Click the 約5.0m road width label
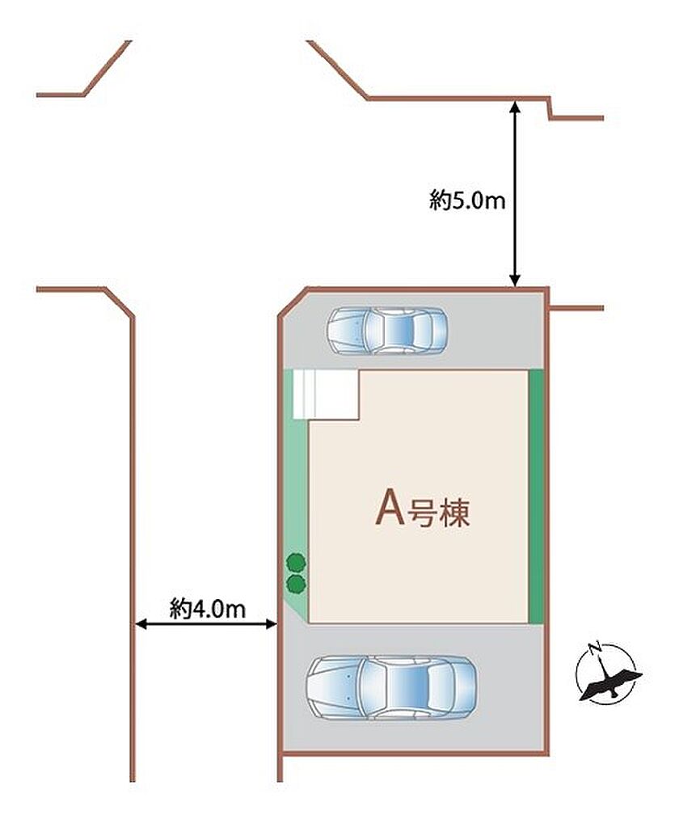coord(467,201)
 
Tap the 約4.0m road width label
coord(208,609)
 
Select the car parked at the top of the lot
coord(387,331)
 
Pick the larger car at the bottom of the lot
coord(392,687)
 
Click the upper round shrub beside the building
coord(296,562)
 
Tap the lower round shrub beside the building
coord(296,584)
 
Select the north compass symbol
coord(609,674)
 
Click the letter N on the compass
coord(596,646)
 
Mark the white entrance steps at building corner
coord(326,395)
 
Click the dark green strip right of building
coord(536,496)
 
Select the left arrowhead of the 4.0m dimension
coord(141,625)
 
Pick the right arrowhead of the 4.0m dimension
coord(270,625)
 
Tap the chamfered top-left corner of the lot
coord(293,302)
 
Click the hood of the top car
coord(346,331)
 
